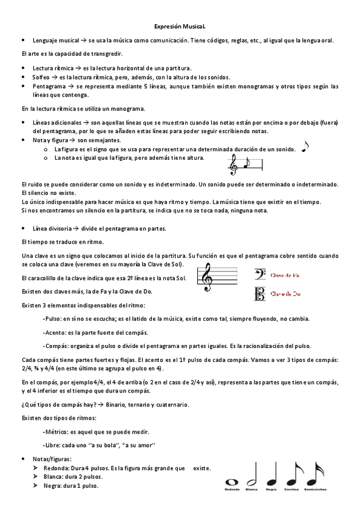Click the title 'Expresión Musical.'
[x=180, y=27]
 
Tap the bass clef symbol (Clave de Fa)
[x=259, y=275]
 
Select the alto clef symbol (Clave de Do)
[x=259, y=295]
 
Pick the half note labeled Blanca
[x=251, y=473]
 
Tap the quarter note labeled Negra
[x=271, y=473]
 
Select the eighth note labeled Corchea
[x=293, y=473]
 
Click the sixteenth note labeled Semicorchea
[x=315, y=473]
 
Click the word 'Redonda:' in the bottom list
[x=56, y=468]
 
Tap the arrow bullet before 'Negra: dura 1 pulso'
[x=35, y=486]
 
